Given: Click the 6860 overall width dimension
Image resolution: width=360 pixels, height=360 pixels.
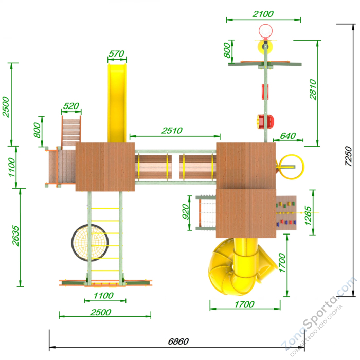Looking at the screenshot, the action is click(x=178, y=341).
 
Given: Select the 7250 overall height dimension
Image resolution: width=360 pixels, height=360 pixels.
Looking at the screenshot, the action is click(x=348, y=156).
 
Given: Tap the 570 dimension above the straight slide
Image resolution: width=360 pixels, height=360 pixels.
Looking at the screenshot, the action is click(x=116, y=54).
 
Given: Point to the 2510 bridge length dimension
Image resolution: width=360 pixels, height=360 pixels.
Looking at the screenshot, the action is click(x=172, y=131).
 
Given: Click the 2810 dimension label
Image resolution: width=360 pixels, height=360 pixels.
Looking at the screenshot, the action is click(x=313, y=89).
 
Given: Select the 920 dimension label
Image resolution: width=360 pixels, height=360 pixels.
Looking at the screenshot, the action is click(x=186, y=211).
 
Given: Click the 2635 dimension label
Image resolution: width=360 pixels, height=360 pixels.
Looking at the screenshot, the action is click(x=15, y=236).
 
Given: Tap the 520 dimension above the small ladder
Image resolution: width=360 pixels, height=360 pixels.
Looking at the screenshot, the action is click(x=71, y=106).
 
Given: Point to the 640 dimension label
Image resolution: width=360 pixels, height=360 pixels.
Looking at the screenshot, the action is click(x=288, y=136).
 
